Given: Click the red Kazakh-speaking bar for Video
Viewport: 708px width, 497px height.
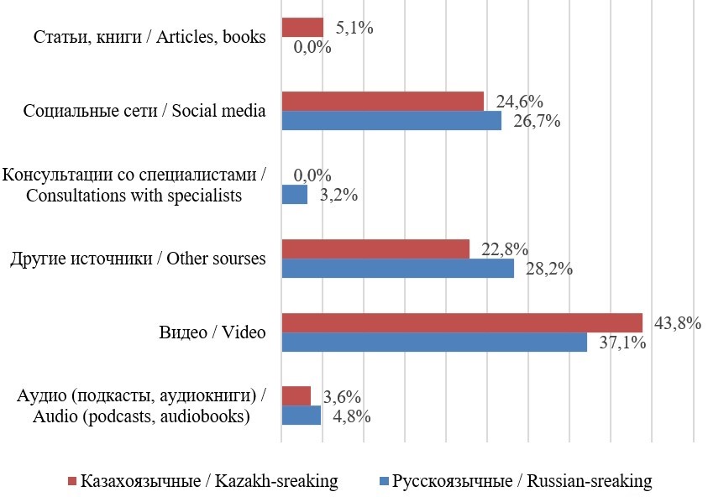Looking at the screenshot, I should tap(461, 322).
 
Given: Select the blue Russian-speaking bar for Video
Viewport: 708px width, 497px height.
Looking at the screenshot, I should tap(433, 343).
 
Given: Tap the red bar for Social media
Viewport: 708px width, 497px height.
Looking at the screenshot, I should tap(382, 101).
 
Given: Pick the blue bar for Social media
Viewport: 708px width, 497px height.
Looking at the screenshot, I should tap(391, 121).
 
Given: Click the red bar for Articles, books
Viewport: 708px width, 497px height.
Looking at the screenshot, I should tap(302, 28).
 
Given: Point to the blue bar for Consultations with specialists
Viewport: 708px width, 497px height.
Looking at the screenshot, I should tap(294, 196).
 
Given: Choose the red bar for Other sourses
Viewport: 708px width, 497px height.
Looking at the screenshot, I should tap(375, 248).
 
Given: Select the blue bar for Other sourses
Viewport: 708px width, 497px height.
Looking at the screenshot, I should tap(397, 269).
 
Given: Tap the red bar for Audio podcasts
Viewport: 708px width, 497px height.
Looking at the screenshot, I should tap(296, 395).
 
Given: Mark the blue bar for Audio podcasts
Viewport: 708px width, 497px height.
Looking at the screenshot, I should tap(301, 416).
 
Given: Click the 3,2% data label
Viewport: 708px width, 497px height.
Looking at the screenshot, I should tap(339, 196).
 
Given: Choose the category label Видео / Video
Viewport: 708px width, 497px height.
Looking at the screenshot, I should tap(212, 332).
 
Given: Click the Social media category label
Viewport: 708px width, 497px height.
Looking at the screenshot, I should tap(145, 111).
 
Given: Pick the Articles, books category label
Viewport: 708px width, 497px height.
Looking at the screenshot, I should tap(149, 37).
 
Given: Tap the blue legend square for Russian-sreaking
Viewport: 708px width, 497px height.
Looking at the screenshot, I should tap(385, 482).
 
